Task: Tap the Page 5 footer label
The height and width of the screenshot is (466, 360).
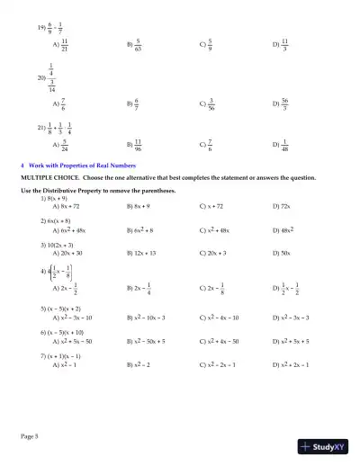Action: [x=29, y=435]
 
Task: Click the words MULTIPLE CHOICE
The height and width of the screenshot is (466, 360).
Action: [x=46, y=178]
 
